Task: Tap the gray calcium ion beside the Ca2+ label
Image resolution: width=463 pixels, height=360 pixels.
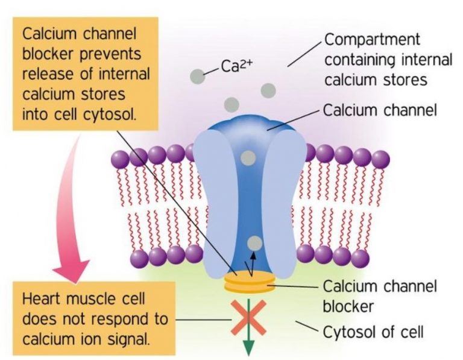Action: (197, 76)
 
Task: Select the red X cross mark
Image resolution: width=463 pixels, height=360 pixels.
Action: (248, 318)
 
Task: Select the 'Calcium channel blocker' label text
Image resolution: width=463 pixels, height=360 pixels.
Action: (380, 295)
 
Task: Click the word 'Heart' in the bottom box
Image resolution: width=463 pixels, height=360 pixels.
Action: (46, 299)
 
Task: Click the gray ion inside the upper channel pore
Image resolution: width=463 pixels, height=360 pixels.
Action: (247, 159)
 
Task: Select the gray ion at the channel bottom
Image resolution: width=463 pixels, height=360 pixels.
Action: (255, 242)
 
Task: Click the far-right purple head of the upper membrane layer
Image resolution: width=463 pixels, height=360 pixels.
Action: (380, 159)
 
